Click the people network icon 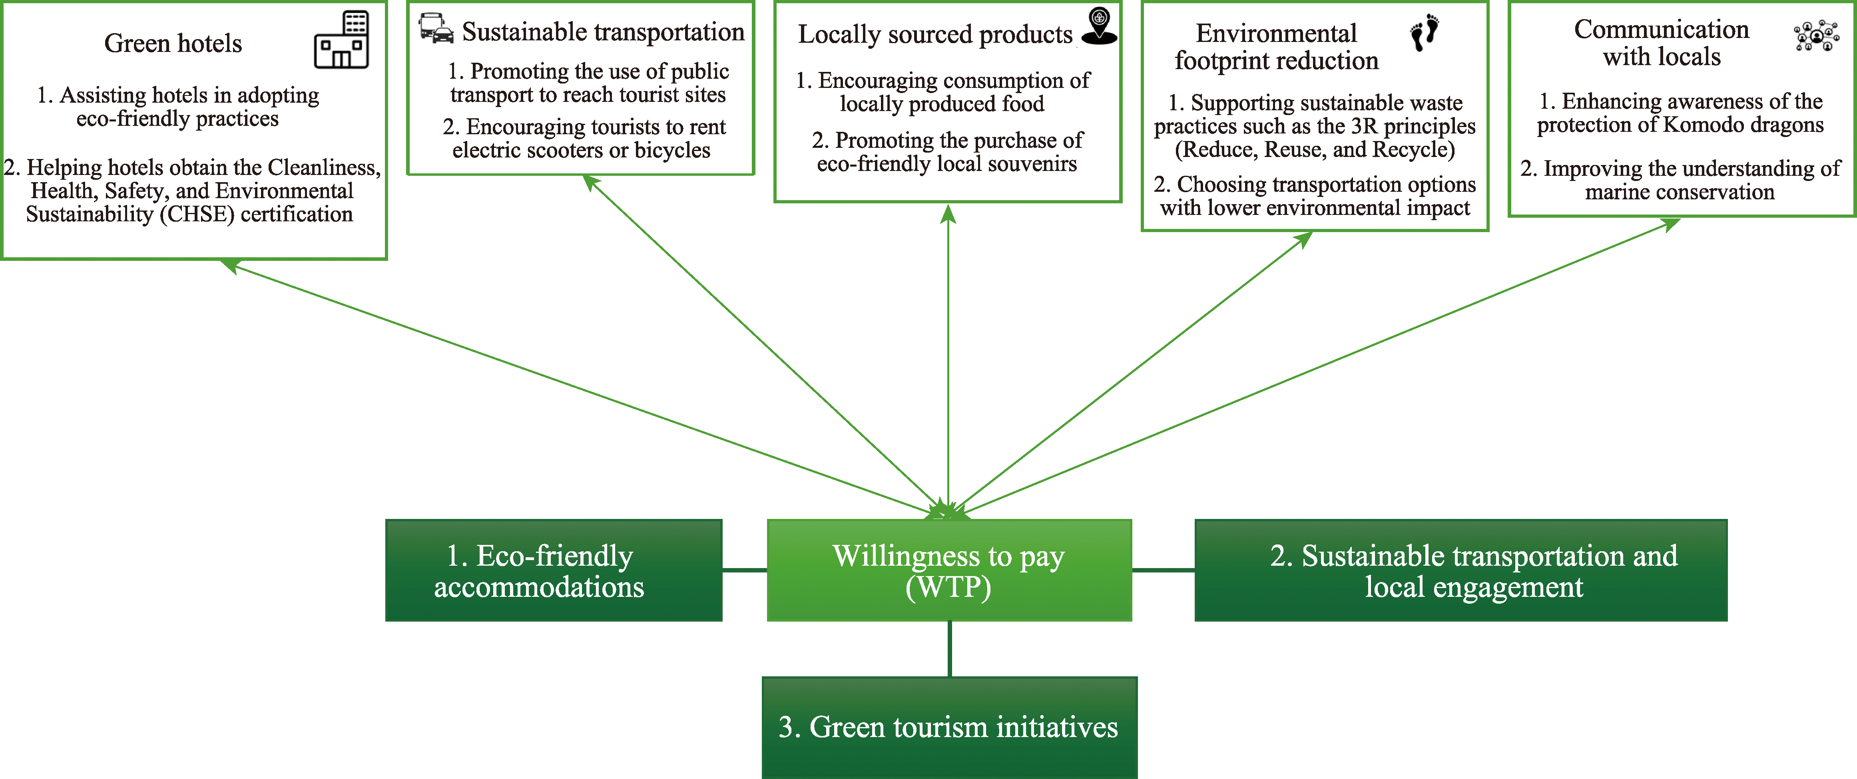(x=1816, y=35)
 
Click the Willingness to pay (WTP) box (x=949, y=571)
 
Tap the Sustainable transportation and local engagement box (x=1460, y=571)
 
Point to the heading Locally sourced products (x=935, y=35)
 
